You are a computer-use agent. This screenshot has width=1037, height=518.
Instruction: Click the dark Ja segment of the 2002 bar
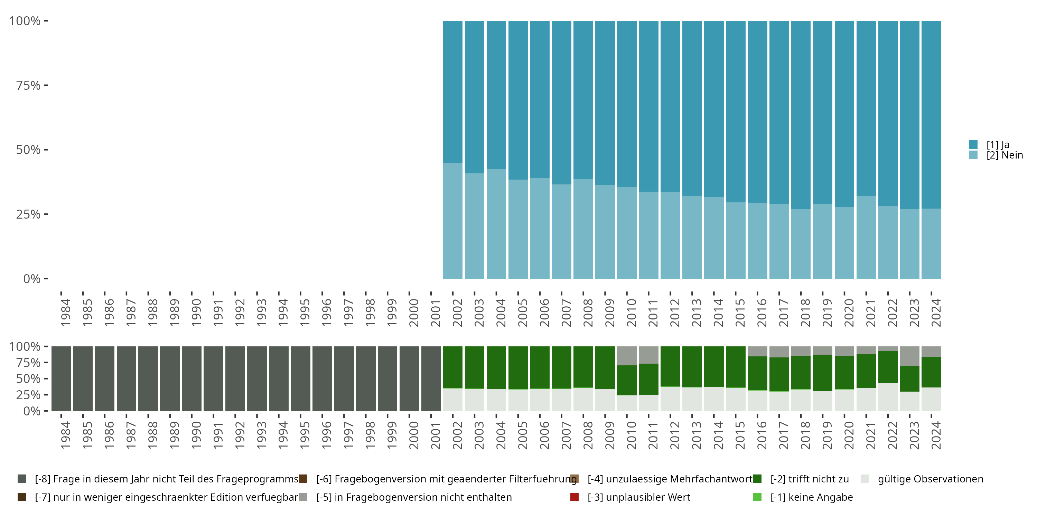(x=452, y=92)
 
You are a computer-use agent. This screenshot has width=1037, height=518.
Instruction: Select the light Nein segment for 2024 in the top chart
(x=931, y=243)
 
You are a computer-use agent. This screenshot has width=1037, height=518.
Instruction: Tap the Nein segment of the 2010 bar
(x=627, y=232)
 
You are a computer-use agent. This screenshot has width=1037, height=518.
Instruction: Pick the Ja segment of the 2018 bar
(x=801, y=115)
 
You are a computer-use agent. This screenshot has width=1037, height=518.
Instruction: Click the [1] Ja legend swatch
(x=973, y=144)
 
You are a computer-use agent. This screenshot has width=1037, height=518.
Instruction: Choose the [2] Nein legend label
(x=1005, y=155)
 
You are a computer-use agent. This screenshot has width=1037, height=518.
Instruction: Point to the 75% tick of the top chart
(x=46, y=85)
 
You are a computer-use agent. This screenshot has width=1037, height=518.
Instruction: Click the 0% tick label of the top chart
(x=32, y=279)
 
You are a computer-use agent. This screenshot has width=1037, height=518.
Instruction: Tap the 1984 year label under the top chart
(x=66, y=313)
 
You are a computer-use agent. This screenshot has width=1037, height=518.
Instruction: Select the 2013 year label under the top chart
(x=697, y=313)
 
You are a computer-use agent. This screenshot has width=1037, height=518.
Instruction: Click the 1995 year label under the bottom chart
(x=305, y=435)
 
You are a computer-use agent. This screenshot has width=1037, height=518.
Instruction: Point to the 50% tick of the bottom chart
(x=46, y=378)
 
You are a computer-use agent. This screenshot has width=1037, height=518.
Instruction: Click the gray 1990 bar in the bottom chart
(x=191, y=378)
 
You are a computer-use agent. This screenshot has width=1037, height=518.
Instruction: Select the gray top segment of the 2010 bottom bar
(x=627, y=356)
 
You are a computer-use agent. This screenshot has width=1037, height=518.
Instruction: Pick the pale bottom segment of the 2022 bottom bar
(x=888, y=396)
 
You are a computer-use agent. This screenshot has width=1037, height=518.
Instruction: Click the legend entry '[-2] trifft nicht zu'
(x=809, y=479)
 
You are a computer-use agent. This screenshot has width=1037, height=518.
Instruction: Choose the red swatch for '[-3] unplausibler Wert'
(x=574, y=497)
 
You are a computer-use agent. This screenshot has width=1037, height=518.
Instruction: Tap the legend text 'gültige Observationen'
(x=930, y=479)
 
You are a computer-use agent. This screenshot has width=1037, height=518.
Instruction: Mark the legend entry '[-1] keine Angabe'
(x=811, y=497)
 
